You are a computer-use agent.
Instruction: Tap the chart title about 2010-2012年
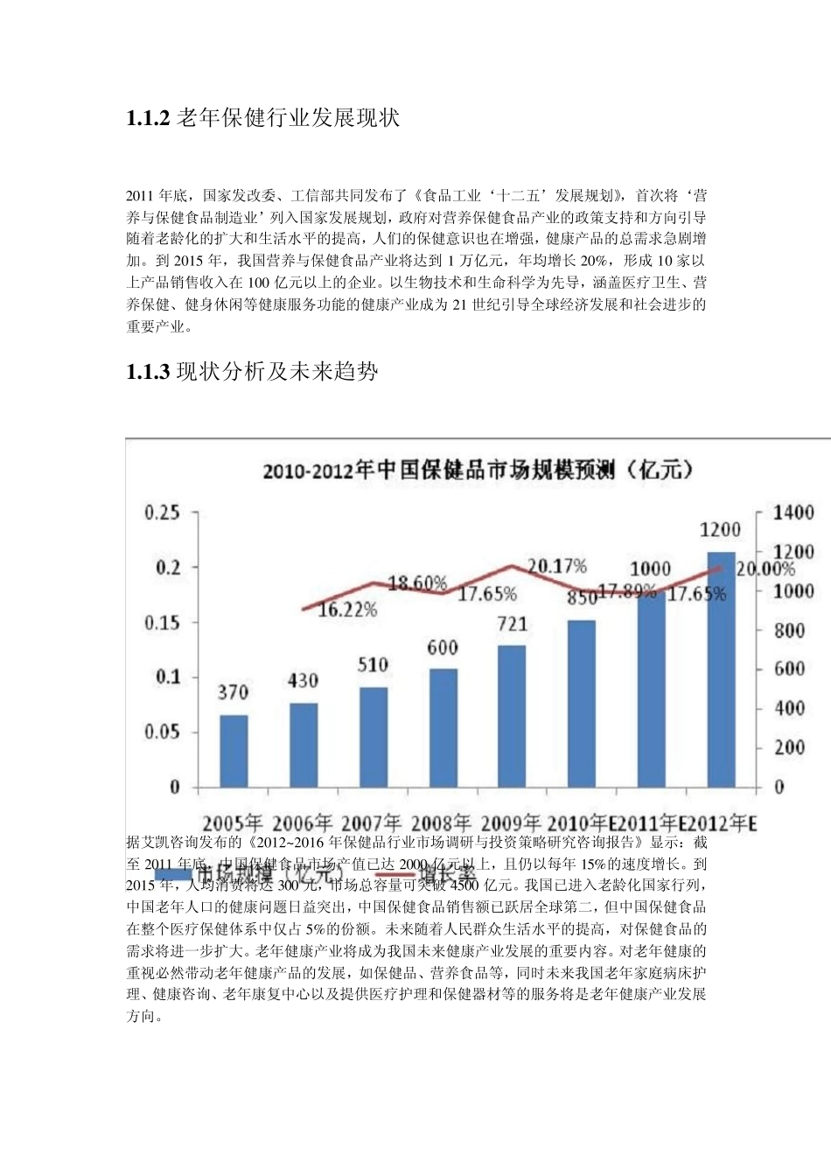(479, 471)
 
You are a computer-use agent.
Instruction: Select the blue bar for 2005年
(234, 751)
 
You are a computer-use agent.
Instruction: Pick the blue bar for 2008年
(443, 727)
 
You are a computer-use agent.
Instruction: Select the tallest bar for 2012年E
(721, 669)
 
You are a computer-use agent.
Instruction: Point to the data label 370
(234, 693)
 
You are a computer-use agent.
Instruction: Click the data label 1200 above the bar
(721, 530)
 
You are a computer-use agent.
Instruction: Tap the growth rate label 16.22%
(347, 609)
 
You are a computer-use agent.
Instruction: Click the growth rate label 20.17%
(557, 567)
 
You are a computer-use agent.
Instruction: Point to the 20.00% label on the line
(765, 570)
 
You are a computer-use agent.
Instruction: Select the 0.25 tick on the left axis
(162, 513)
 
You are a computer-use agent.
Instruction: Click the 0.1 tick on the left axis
(167, 677)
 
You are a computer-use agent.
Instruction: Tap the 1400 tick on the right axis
(793, 513)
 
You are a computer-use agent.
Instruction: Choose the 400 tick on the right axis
(789, 709)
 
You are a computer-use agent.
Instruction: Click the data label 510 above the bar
(373, 666)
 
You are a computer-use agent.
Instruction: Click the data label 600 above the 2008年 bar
(443, 648)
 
